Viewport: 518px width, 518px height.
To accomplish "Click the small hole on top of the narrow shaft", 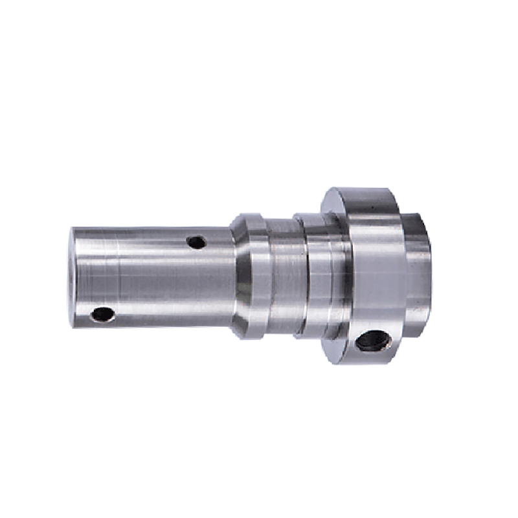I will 196,242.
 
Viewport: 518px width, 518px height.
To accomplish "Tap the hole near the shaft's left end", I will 103,315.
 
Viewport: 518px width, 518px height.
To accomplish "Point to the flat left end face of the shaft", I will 74,275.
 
